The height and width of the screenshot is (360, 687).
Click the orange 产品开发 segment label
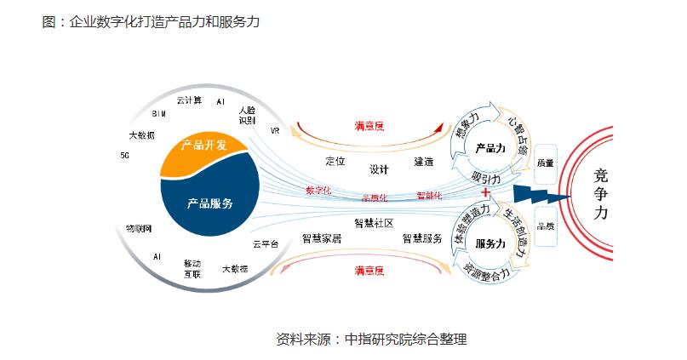[x=203, y=146]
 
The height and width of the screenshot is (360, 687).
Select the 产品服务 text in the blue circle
[x=209, y=203]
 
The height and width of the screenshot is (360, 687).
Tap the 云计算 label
[x=189, y=100]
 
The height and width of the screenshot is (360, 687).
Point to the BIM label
[x=158, y=113]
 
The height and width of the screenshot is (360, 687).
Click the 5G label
[x=125, y=156]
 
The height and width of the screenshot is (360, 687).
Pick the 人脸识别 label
[x=247, y=115]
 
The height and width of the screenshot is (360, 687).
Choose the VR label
[x=275, y=132]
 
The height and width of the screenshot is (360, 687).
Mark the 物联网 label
[x=138, y=228]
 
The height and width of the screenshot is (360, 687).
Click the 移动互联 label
[x=193, y=268]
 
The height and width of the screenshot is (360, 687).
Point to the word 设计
[x=379, y=169]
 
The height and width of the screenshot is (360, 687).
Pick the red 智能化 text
[x=429, y=196]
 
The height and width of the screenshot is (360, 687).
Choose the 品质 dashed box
[x=546, y=226]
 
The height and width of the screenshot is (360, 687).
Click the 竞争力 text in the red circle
[x=600, y=194]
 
